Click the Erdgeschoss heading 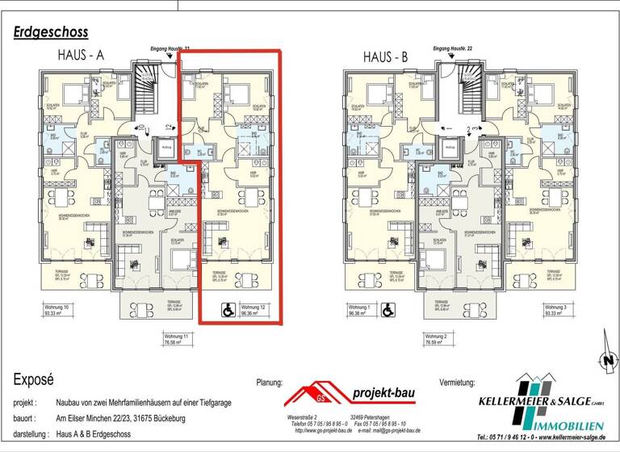51,32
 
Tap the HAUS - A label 83,56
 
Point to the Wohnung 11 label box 182,340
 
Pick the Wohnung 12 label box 258,310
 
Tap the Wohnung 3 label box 559,310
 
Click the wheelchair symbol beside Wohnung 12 226,309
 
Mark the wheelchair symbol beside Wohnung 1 387,309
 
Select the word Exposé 33,379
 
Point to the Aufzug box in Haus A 165,149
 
